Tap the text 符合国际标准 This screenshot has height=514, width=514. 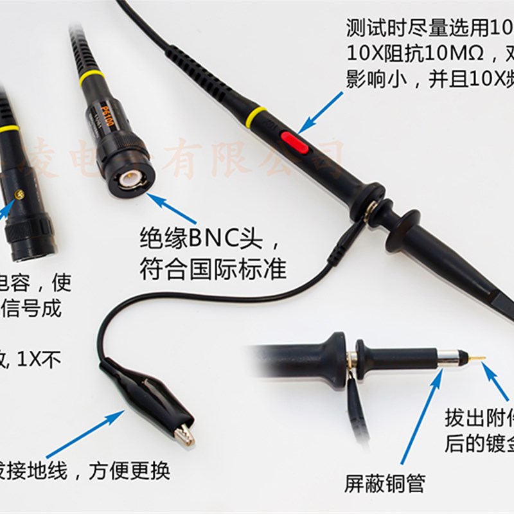213,268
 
